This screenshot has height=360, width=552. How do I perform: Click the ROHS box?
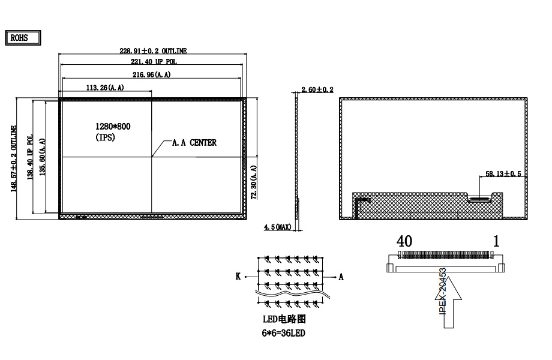23,37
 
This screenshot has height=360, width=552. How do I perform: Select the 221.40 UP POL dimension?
154,62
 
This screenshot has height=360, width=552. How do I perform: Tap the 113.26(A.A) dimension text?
105,88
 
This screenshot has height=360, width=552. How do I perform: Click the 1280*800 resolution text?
113,127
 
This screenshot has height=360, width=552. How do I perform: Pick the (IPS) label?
105,137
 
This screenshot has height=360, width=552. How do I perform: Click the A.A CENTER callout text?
194,143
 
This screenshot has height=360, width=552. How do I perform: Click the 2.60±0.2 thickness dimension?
317,89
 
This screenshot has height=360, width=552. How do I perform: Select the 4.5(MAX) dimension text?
278,227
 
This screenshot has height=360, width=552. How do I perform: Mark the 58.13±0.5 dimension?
503,174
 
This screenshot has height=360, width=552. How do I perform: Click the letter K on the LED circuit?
238,277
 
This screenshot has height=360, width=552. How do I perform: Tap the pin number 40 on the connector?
404,241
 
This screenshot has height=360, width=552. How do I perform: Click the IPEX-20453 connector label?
442,289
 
